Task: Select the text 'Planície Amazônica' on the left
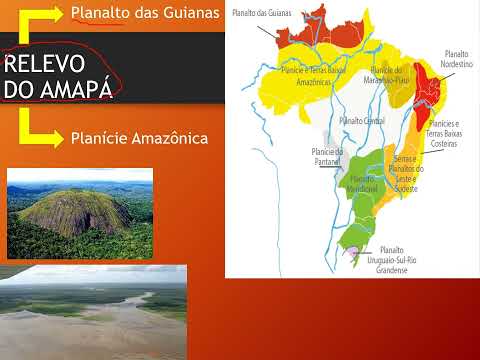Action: [138, 137]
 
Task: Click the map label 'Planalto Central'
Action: [361, 120]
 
